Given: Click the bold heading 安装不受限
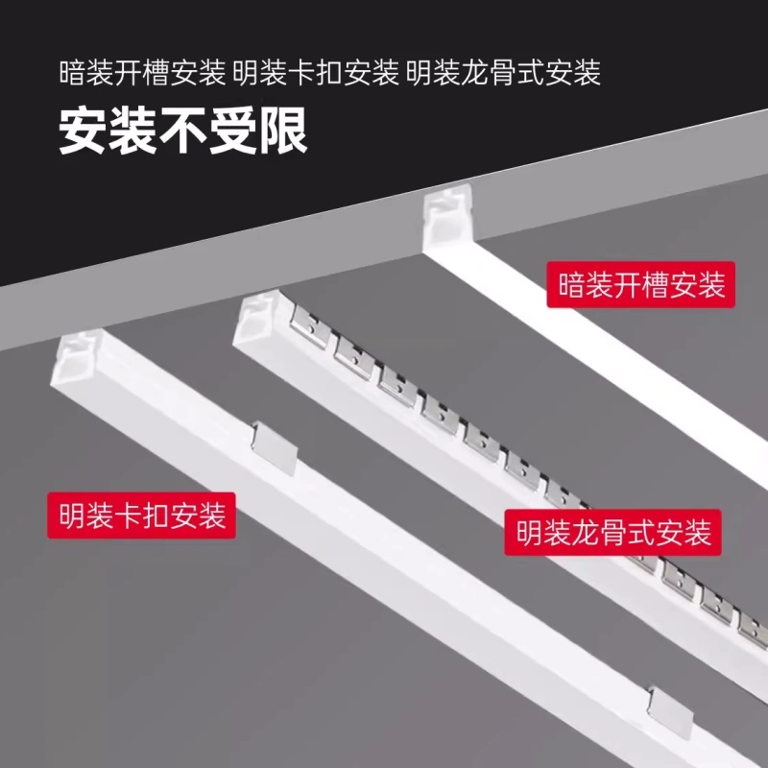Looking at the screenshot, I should [x=183, y=132].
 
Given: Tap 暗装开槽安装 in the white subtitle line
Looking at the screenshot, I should [x=143, y=73].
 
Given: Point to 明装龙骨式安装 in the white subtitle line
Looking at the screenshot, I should [x=503, y=73].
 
